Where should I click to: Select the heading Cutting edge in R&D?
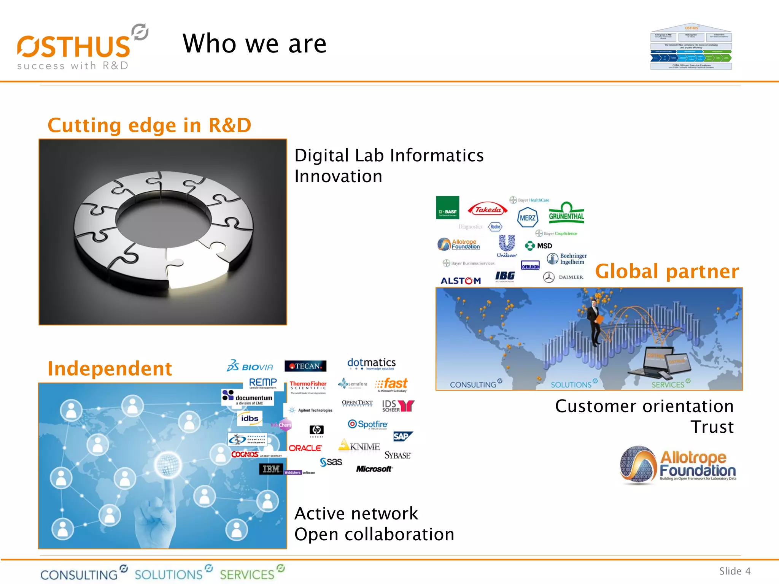149,125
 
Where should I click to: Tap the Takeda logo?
488,209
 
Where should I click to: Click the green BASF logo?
448,208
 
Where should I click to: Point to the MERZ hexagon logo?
528,217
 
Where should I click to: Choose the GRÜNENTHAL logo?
566,213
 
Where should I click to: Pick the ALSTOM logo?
461,281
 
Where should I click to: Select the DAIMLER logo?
563,277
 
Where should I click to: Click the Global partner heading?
667,271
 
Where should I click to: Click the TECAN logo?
305,366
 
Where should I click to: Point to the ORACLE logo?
305,448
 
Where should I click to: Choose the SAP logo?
402,436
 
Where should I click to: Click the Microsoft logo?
374,469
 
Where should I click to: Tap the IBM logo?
271,469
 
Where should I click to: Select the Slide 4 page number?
734,571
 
